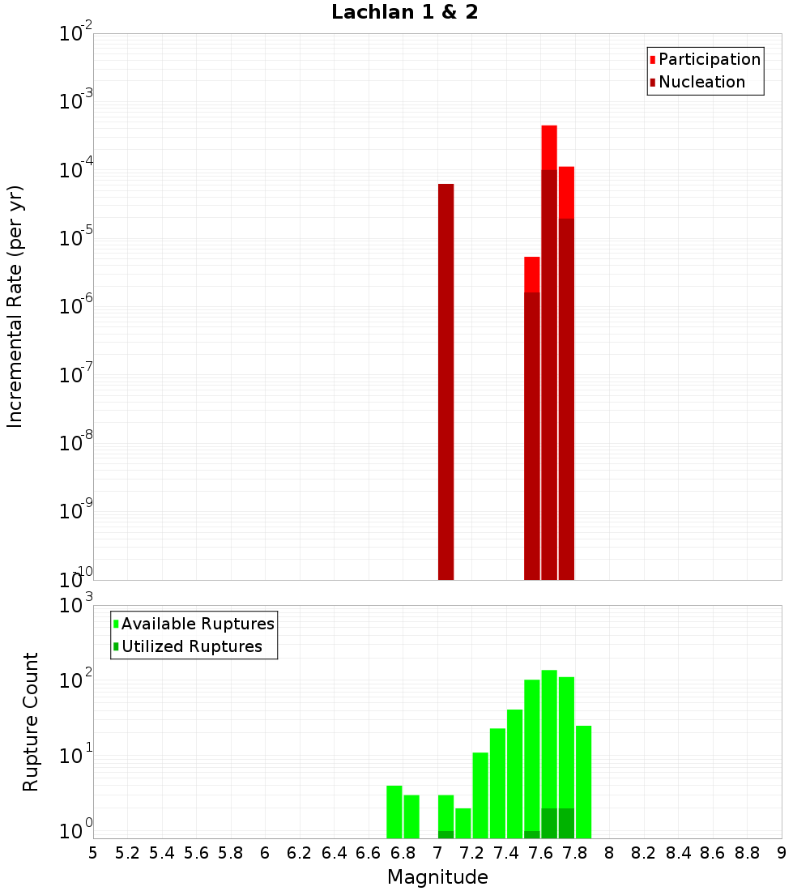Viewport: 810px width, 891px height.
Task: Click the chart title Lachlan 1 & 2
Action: coord(404,13)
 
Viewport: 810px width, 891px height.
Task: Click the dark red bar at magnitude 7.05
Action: coord(446,381)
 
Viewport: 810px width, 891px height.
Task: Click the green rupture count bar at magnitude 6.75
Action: coord(394,812)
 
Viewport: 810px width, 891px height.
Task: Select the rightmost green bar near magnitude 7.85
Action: coord(583,782)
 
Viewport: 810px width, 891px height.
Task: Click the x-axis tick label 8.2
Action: coord(644,853)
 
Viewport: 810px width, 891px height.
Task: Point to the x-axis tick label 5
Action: coord(93,853)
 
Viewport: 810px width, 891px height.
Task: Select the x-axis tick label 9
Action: coord(781,853)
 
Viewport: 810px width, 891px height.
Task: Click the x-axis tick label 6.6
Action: coord(369,853)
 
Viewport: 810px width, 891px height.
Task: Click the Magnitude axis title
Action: coord(437,877)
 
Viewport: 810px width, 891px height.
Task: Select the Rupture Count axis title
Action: coord(31,722)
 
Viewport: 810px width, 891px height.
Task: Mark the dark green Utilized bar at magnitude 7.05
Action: coord(446,834)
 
